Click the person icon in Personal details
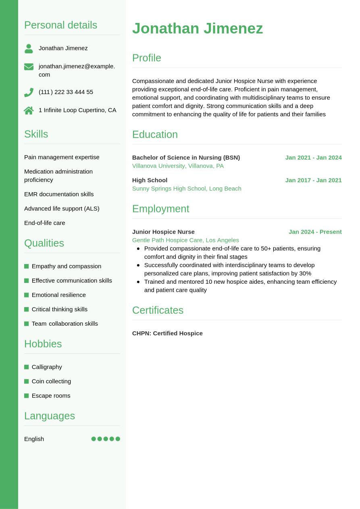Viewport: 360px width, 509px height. coord(29,48)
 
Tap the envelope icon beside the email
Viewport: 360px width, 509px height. coord(29,66)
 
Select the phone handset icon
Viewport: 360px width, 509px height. coord(29,92)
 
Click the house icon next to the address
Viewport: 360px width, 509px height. coord(29,110)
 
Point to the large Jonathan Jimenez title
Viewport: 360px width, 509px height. coord(197,29)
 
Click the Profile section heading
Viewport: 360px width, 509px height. coord(146,58)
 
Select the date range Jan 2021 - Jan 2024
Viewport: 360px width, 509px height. coord(313,158)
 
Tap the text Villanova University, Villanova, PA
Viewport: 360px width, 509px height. coord(178,166)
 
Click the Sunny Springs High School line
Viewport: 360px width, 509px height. coord(187,189)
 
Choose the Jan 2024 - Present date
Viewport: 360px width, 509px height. coord(315,232)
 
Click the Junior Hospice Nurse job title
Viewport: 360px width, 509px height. coord(163,232)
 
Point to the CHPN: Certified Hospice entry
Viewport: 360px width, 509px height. coord(167,333)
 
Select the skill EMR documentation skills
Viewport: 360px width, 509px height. coord(59,194)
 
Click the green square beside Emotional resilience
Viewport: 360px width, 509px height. coord(27,295)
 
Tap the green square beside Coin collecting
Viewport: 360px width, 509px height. coord(27,381)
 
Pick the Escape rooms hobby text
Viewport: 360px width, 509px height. coord(51,396)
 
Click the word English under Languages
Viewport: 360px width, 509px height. coord(34,439)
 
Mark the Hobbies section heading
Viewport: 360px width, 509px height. coord(43,344)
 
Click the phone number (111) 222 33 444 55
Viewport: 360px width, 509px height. coord(66,92)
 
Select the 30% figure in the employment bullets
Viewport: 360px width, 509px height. coord(305,273)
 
